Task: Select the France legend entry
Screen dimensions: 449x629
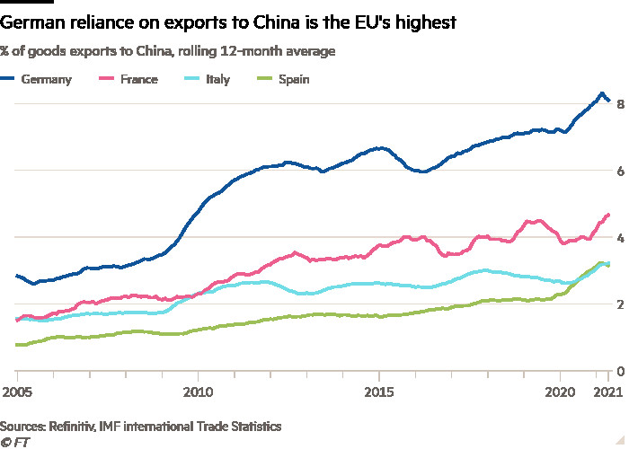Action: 131,80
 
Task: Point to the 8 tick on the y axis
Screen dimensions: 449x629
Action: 618,104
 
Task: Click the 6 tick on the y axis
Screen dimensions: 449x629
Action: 618,171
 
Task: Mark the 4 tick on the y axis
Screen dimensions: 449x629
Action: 618,237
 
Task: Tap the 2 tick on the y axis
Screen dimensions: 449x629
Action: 618,304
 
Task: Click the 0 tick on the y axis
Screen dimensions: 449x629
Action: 618,371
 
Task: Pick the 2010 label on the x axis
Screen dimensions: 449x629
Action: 197,392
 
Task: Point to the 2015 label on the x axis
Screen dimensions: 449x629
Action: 379,392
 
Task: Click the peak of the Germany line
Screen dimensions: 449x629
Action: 601,93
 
